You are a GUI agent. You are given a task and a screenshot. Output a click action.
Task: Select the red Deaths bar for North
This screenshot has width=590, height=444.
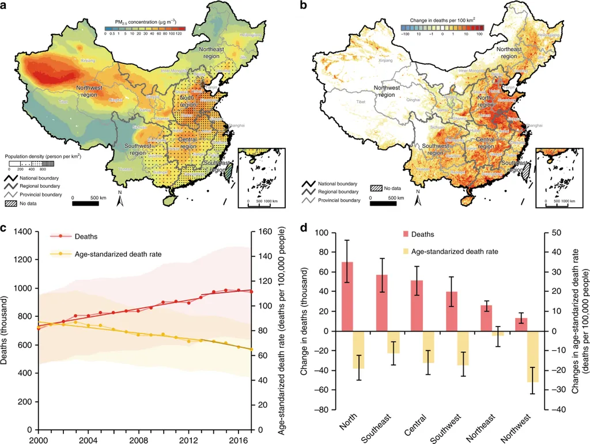(347, 297)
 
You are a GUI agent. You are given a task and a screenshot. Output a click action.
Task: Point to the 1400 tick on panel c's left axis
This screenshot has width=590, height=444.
(21, 232)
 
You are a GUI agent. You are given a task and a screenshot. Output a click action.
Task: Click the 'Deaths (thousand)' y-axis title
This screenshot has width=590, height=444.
(6, 331)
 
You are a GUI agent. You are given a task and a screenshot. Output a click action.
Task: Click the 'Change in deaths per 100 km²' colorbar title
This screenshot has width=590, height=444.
(442, 20)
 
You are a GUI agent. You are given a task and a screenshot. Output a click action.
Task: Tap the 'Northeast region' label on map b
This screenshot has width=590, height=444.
(508, 53)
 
